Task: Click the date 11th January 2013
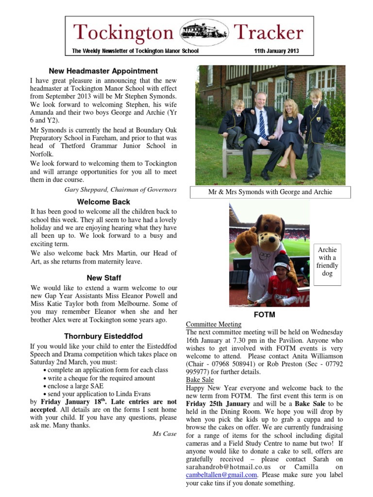pyautogui.click(x=276, y=51)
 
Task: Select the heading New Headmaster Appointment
pyautogui.click(x=103, y=71)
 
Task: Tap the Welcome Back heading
pyautogui.click(x=103, y=201)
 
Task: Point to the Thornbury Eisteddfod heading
pyautogui.click(x=103, y=336)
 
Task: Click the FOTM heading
pyautogui.click(x=265, y=315)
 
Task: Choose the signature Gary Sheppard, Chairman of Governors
pyautogui.click(x=121, y=189)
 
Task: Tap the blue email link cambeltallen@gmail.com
pyautogui.click(x=221, y=475)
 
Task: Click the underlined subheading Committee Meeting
pyautogui.click(x=214, y=324)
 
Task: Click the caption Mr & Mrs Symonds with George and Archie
pyautogui.click(x=270, y=192)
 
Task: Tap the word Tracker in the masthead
pyautogui.click(x=269, y=33)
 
